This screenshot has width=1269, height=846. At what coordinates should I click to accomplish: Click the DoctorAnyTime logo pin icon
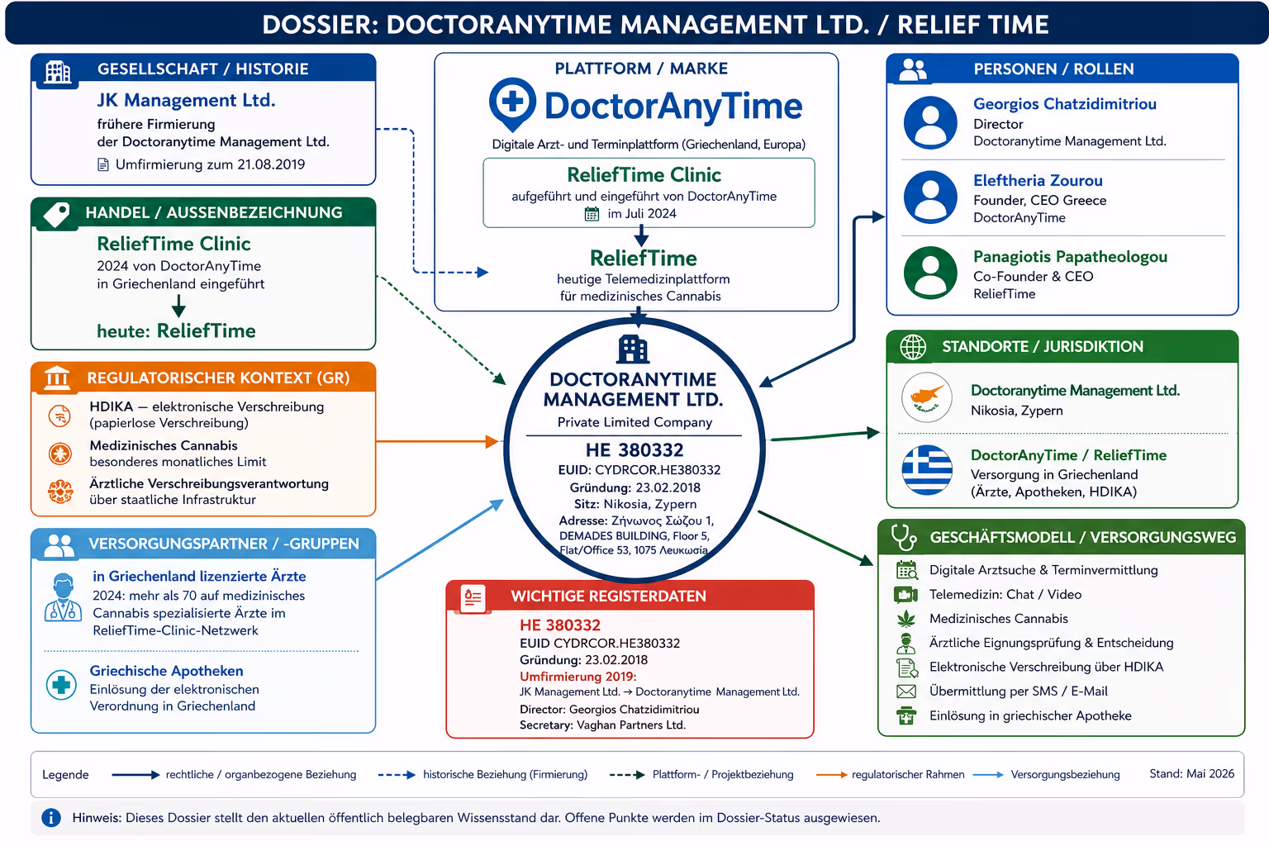point(512,104)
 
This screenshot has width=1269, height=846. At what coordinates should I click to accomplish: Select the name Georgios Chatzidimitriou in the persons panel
point(1064,104)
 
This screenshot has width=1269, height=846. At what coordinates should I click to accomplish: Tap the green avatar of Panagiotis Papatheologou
point(930,272)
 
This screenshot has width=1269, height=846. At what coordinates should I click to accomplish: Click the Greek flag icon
point(927,470)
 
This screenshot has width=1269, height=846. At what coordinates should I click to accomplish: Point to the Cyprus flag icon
point(927,397)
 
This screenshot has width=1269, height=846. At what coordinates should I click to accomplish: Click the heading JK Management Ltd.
point(186,100)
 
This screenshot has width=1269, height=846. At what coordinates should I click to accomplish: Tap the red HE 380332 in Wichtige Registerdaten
point(559,625)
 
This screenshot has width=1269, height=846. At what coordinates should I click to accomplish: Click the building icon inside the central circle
point(633,349)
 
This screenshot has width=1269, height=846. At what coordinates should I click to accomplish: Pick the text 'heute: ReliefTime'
point(176,330)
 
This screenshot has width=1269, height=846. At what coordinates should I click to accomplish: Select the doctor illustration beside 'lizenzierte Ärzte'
point(63,598)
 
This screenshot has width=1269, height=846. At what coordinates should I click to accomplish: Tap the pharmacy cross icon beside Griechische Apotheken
point(61,685)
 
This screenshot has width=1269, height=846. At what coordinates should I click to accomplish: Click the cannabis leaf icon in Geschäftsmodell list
point(906,618)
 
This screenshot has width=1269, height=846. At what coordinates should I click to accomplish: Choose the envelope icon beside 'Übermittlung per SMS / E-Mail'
point(906,692)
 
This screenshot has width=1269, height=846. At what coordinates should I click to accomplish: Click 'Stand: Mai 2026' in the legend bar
point(1192,773)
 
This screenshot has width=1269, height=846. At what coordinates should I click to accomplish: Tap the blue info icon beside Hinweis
point(51,817)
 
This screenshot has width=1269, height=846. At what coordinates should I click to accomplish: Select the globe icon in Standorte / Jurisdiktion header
point(913,347)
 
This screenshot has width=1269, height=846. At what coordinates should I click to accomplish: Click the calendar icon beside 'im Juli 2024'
point(592,214)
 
